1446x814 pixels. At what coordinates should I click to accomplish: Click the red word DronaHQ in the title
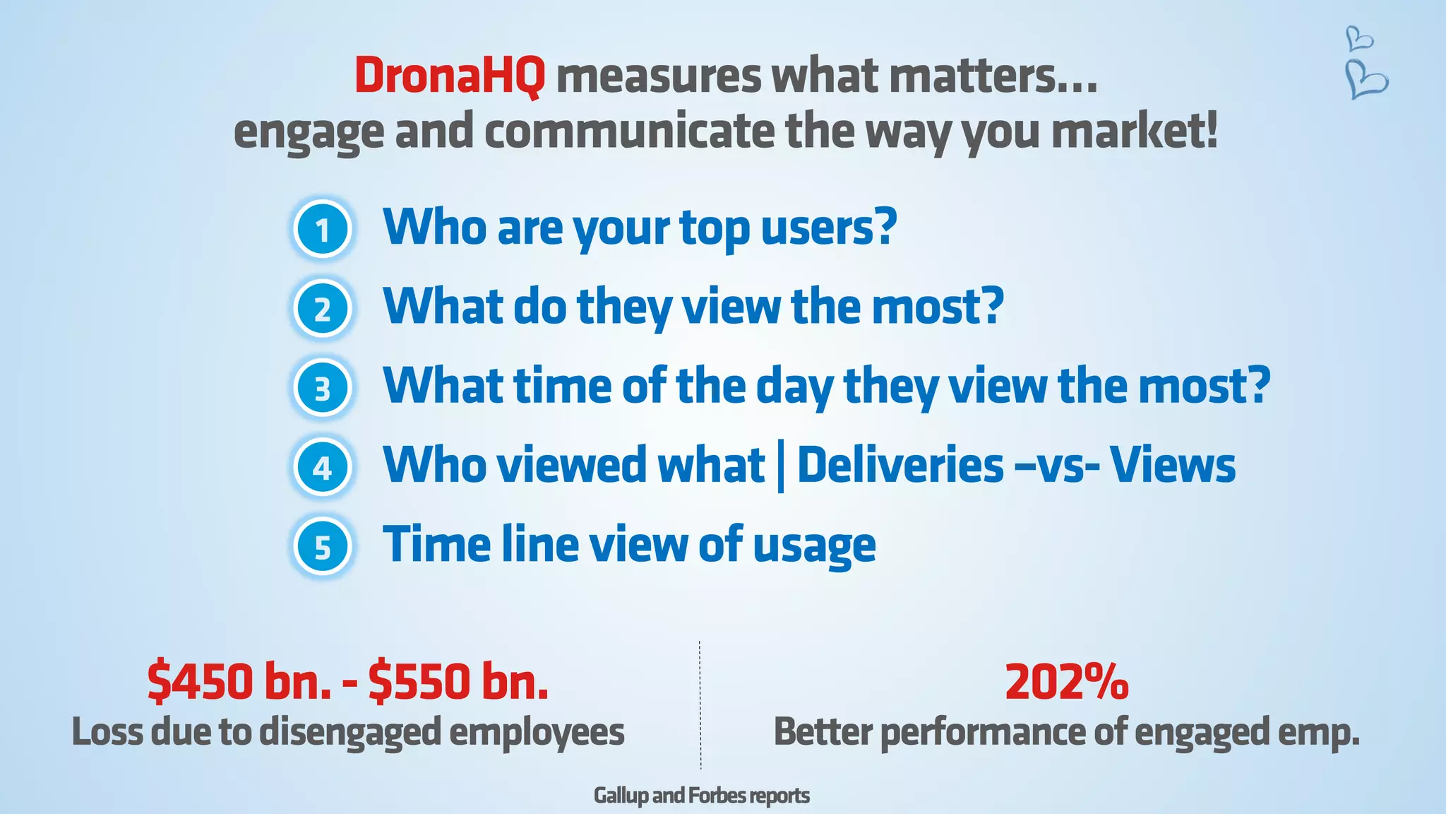[x=450, y=76]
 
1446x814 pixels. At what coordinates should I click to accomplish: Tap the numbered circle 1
[x=323, y=230]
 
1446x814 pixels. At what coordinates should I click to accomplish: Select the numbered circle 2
[x=323, y=309]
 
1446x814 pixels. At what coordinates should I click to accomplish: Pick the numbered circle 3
[x=323, y=389]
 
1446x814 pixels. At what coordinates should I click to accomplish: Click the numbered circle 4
[x=323, y=468]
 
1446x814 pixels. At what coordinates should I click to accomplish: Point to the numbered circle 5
[x=323, y=548]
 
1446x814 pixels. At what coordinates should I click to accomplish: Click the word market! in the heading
[x=1135, y=132]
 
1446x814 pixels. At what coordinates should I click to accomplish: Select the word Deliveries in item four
[x=900, y=466]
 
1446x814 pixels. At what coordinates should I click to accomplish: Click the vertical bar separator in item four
[x=780, y=467]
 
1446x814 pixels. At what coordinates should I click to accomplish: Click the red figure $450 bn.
[x=239, y=682]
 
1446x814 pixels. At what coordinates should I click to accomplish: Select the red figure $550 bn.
[x=458, y=682]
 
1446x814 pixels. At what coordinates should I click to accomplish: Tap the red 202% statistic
[x=1066, y=682]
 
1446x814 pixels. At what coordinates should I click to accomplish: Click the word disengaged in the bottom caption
[x=350, y=732]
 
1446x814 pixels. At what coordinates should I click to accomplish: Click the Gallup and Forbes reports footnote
[x=701, y=796]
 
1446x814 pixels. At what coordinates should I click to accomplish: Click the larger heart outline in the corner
[x=1366, y=79]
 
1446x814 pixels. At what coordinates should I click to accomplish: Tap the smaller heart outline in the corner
[x=1358, y=38]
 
